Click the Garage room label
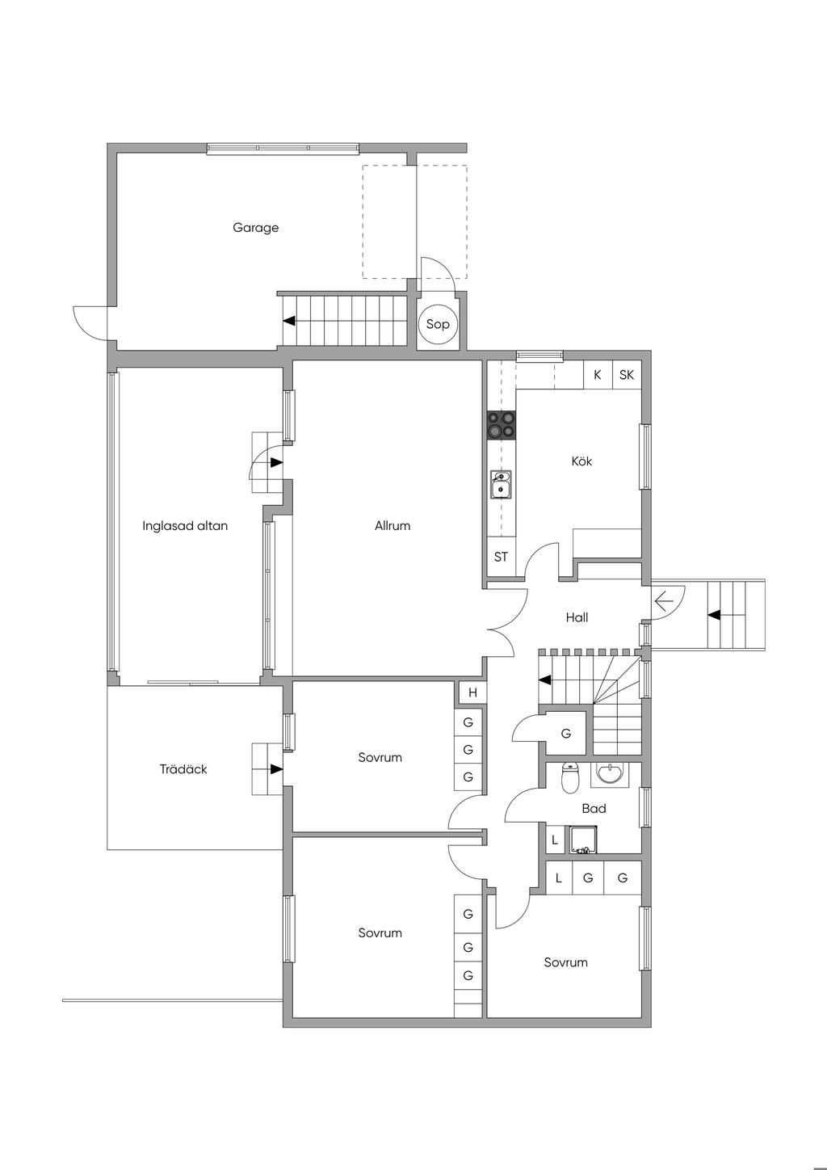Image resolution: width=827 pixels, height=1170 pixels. click(255, 228)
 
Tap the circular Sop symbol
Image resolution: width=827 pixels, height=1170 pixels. click(438, 324)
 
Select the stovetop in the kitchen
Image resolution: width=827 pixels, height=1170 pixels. click(501, 424)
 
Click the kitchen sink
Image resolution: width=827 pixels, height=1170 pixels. click(501, 484)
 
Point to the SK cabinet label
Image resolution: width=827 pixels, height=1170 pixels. click(627, 374)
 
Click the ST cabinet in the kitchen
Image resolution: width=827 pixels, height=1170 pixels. click(502, 557)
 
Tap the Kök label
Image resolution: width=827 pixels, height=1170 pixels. click(581, 461)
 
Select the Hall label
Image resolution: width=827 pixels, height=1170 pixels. click(577, 617)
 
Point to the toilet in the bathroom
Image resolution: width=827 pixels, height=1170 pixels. click(569, 778)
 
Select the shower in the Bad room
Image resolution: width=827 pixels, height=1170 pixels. click(583, 840)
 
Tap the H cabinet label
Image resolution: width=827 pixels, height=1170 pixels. click(473, 692)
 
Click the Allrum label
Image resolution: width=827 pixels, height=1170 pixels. click(393, 525)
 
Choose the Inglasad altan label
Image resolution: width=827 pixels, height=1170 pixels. click(185, 525)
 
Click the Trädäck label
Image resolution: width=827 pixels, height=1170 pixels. click(183, 769)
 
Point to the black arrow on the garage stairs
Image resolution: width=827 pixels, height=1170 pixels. click(289, 321)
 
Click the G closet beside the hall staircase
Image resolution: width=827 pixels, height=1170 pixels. click(566, 734)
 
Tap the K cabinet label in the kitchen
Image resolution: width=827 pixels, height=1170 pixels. click(598, 374)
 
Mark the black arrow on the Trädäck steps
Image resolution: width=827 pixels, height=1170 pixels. click(277, 769)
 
